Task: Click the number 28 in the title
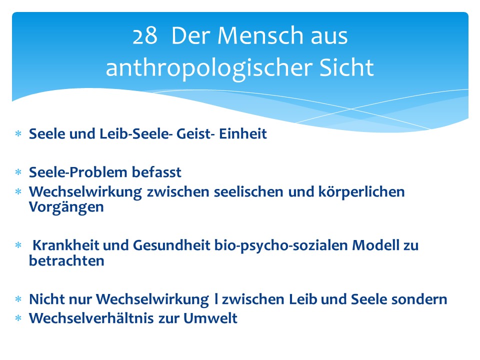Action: (145, 36)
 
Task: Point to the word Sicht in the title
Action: (346, 67)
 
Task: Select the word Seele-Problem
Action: (78, 172)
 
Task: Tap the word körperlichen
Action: (361, 192)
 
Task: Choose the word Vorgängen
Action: (66, 207)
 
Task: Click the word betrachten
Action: (66, 261)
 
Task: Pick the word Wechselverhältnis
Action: (91, 318)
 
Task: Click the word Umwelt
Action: (210, 318)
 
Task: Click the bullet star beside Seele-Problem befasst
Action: (18, 172)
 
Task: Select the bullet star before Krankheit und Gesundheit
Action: (18, 245)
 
